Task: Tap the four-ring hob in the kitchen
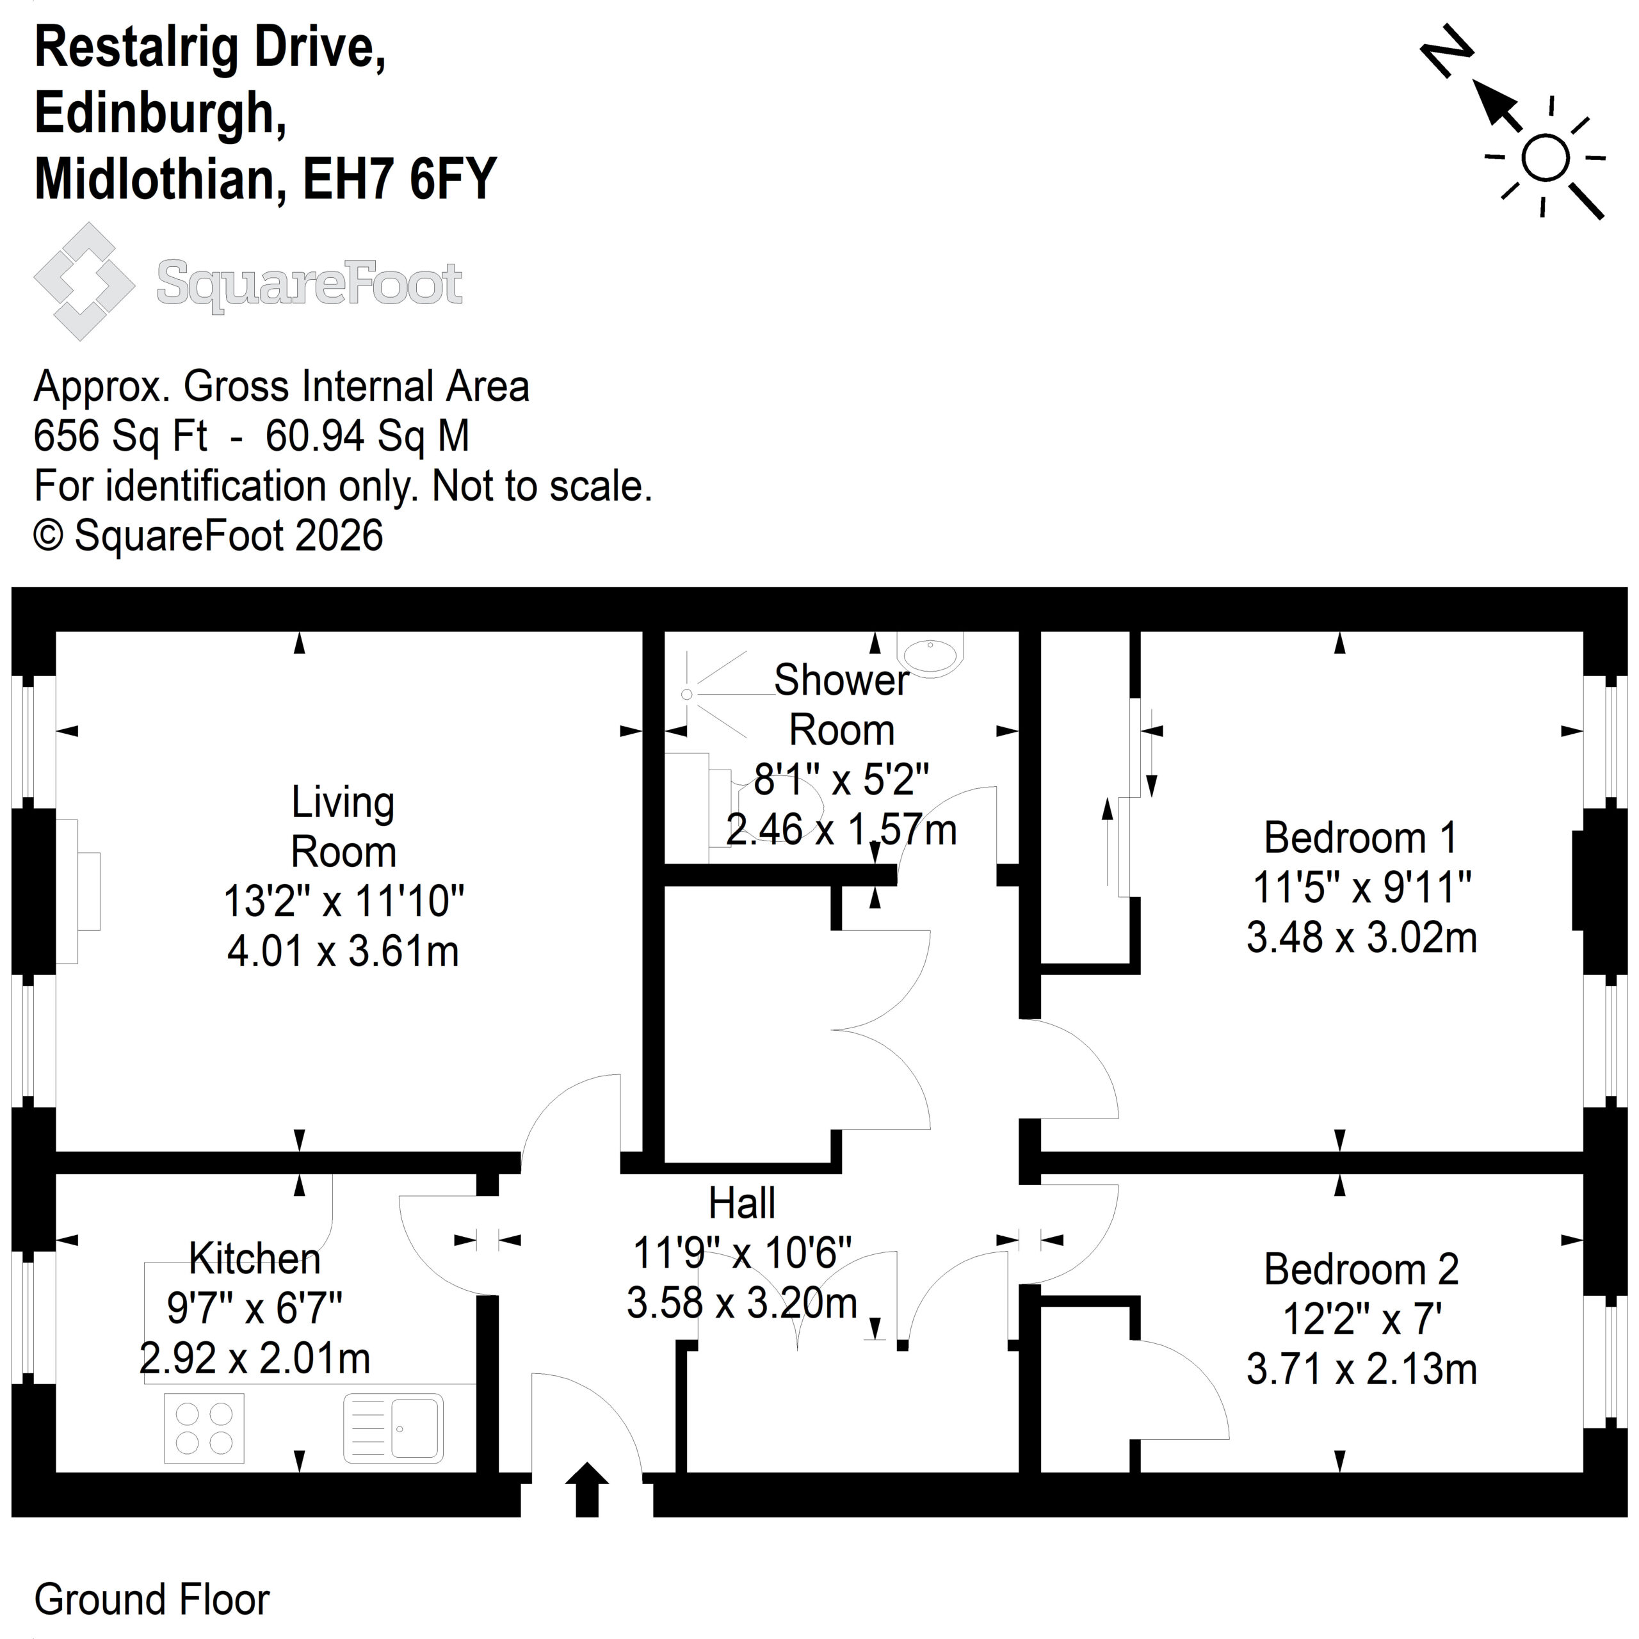204,1428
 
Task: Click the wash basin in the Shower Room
931,653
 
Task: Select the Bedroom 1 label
1360,838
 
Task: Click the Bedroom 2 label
1360,1270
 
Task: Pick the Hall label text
742,1203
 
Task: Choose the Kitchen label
255,1259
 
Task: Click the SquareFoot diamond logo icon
84,282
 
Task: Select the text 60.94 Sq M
367,436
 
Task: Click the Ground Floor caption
152,1600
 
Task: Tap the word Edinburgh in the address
160,114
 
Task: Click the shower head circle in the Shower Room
687,695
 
